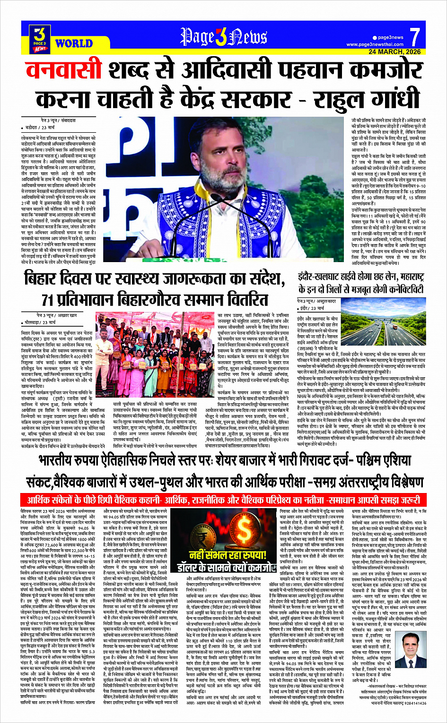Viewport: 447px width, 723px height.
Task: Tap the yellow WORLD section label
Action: click(x=74, y=44)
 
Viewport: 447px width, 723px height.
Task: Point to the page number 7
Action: click(x=414, y=37)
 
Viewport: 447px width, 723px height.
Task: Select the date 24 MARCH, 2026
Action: click(x=394, y=51)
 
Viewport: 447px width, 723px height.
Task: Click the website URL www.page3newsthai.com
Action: click(x=375, y=44)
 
